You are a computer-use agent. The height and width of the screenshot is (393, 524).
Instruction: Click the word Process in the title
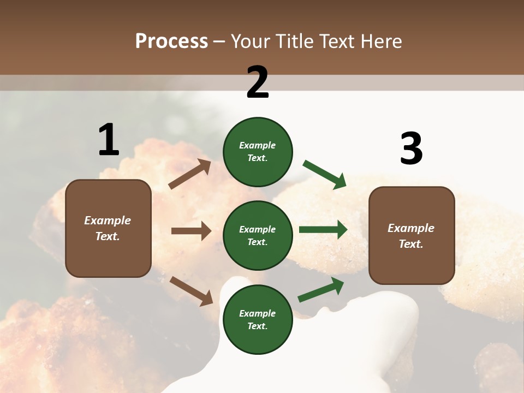(x=171, y=41)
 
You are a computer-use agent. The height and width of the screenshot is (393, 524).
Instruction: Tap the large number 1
(x=109, y=140)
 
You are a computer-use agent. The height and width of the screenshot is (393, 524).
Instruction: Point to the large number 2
(x=258, y=82)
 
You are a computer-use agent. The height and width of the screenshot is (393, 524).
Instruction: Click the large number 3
(x=411, y=149)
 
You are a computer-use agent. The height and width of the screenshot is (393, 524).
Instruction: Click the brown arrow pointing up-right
(x=189, y=174)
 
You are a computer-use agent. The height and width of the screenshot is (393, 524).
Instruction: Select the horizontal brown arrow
(x=191, y=231)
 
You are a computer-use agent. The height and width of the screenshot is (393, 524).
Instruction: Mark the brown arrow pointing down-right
(x=191, y=291)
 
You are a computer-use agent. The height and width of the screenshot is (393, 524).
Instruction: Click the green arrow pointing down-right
(x=325, y=175)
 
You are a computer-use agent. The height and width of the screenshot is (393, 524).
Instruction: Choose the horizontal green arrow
(x=323, y=229)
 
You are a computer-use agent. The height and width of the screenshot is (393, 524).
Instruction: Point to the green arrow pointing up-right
(x=321, y=290)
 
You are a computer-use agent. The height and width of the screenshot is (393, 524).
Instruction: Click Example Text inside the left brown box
(x=108, y=228)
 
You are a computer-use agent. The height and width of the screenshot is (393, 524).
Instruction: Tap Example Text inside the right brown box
(x=411, y=236)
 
